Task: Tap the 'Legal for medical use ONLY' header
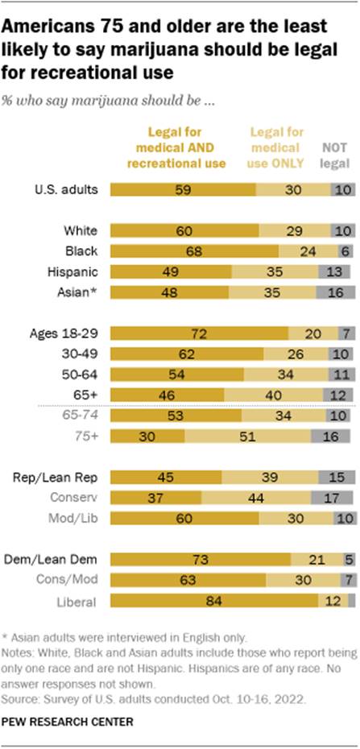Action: [x=277, y=148]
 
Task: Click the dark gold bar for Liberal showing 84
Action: [x=230, y=601]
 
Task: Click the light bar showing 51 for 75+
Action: [x=248, y=435]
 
